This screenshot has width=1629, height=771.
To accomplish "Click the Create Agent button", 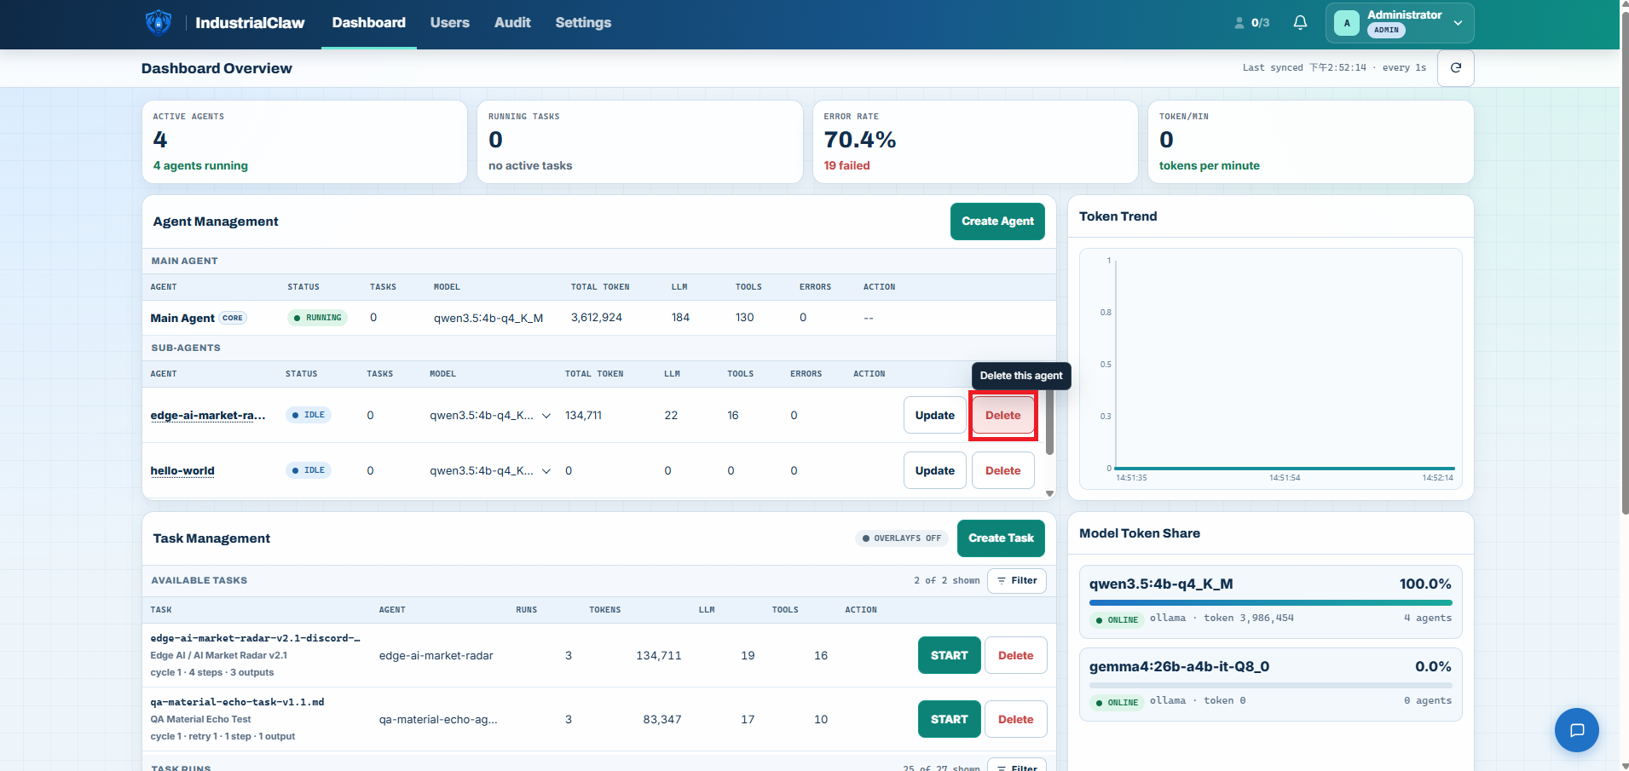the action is pos(997,222).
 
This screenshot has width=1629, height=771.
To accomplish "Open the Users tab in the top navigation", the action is pos(449,23).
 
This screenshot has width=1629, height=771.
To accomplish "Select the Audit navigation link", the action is pos(512,23).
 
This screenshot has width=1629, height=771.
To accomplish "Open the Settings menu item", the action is pos(583,23).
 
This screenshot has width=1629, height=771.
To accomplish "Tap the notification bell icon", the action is pos(1300,23).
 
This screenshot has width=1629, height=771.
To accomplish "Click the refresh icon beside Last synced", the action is pos(1456,68).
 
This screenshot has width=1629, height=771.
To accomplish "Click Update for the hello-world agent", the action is pos(935,470).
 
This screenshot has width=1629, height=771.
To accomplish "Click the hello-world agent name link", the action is pos(182,470).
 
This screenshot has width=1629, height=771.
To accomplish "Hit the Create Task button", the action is pos(1001,538).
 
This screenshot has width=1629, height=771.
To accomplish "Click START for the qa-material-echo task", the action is pos(950,719).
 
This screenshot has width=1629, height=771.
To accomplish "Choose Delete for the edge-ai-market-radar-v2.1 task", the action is pos(1015,655).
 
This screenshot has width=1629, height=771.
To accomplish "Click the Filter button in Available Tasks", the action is pos(1017,581).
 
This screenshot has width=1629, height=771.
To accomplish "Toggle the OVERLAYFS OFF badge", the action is pos(902,538).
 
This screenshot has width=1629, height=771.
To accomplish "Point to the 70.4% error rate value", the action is pos(860,140).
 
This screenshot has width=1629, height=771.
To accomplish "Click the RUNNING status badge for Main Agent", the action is pos(318,318).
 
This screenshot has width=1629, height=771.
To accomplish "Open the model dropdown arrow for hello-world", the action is pos(546,471).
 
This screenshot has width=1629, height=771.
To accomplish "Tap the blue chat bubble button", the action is pos(1576,730).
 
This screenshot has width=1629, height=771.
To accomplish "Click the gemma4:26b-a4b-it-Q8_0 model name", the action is pos(1179,666).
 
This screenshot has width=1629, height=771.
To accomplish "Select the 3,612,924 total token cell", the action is pos(597,318).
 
